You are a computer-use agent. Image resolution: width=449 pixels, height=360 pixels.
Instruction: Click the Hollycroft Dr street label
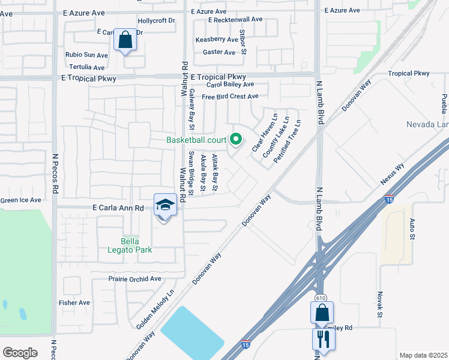coord(156,20)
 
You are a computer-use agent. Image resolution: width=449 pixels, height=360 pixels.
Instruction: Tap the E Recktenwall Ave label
coord(235,19)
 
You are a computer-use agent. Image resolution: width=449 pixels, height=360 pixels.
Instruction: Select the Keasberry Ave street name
coord(217,40)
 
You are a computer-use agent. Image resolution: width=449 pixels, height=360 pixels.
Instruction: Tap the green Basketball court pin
coord(236,140)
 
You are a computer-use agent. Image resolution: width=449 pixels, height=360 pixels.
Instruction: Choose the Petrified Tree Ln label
coord(287,142)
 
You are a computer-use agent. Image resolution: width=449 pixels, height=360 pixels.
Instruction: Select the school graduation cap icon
coord(165,205)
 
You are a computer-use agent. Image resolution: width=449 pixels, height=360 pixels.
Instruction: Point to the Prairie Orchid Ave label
coord(135,279)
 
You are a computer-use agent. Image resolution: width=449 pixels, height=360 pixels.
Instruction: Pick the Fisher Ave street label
coord(74,303)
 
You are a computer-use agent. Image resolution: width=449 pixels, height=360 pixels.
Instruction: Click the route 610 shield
coord(321,298)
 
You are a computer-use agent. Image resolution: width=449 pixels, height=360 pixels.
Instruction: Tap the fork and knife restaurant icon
coord(324,338)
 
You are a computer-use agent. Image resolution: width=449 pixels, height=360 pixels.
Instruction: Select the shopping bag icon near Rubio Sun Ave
coord(125,40)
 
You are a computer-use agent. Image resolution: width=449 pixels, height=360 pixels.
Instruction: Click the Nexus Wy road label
coord(392,174)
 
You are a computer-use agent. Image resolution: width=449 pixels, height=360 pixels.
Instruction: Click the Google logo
coord(20,353)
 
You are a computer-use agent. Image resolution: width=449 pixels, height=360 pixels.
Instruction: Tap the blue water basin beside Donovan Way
coord(189,333)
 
